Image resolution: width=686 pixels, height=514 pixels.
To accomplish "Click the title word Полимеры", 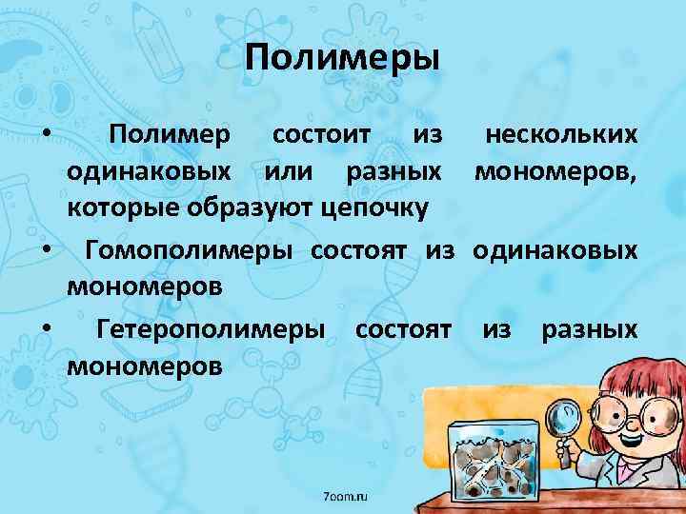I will [x=342, y=59].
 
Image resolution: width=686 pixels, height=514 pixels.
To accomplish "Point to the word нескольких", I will [x=561, y=136].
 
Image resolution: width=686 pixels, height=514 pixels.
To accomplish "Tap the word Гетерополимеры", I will [x=210, y=329].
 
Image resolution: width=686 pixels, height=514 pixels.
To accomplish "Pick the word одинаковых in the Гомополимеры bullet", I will [x=555, y=250].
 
